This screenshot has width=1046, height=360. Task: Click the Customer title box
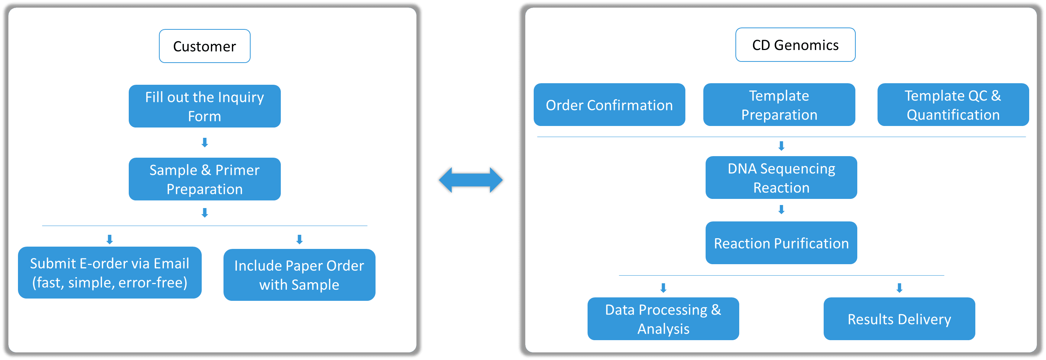tap(204, 46)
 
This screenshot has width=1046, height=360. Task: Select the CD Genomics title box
tap(795, 45)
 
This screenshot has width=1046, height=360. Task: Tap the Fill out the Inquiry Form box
tap(204, 107)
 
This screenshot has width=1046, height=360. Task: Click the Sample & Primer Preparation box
tap(204, 179)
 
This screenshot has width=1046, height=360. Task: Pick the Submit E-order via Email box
tap(110, 273)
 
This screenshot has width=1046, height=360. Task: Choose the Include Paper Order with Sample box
tap(299, 275)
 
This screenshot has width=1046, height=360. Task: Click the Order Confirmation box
tap(609, 105)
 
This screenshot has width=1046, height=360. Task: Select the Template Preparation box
tap(779, 105)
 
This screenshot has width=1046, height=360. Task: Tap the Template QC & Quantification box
tap(953, 105)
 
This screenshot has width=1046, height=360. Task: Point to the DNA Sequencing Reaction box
tap(781, 178)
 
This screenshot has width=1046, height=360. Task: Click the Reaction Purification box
tap(781, 243)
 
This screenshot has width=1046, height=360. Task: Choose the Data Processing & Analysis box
tap(663, 319)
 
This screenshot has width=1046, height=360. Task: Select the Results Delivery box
tap(899, 319)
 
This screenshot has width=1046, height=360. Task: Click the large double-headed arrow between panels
tap(471, 180)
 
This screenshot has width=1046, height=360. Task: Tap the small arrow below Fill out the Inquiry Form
tap(205, 142)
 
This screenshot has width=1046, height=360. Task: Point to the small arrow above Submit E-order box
tap(110, 239)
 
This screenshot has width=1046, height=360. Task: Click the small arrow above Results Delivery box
tap(899, 288)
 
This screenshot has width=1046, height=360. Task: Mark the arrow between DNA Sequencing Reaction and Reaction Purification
tap(781, 210)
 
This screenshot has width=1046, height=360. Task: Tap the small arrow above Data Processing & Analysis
tap(663, 288)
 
